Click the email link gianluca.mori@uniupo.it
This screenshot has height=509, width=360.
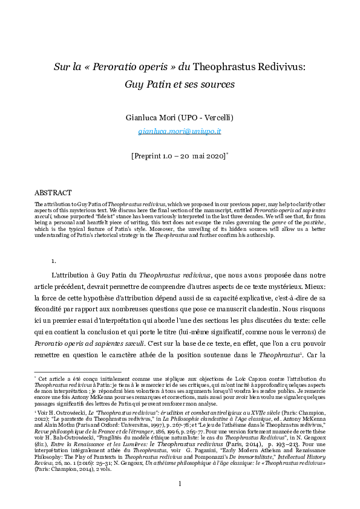(180, 130)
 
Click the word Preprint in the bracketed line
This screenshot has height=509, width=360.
(151, 155)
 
